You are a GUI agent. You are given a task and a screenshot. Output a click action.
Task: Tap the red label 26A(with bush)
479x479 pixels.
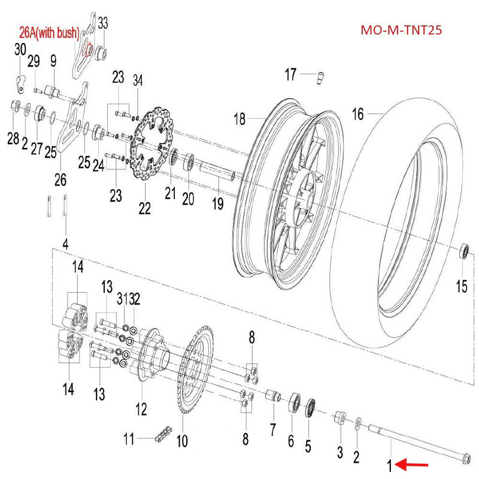(x=47, y=32)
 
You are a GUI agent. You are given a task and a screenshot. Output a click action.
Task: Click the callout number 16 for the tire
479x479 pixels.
(x=357, y=114)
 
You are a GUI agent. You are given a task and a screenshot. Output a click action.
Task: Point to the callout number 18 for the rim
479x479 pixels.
(x=239, y=119)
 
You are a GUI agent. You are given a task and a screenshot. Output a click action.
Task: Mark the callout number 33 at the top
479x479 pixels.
(x=103, y=23)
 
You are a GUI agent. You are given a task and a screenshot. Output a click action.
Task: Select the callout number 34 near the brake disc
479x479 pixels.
(x=138, y=80)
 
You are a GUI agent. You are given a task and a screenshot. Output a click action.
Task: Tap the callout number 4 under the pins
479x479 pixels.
(x=66, y=244)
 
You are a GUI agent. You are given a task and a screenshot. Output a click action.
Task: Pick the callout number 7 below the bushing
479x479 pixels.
(x=272, y=429)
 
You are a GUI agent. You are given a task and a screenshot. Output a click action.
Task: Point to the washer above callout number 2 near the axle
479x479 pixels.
(x=358, y=422)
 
